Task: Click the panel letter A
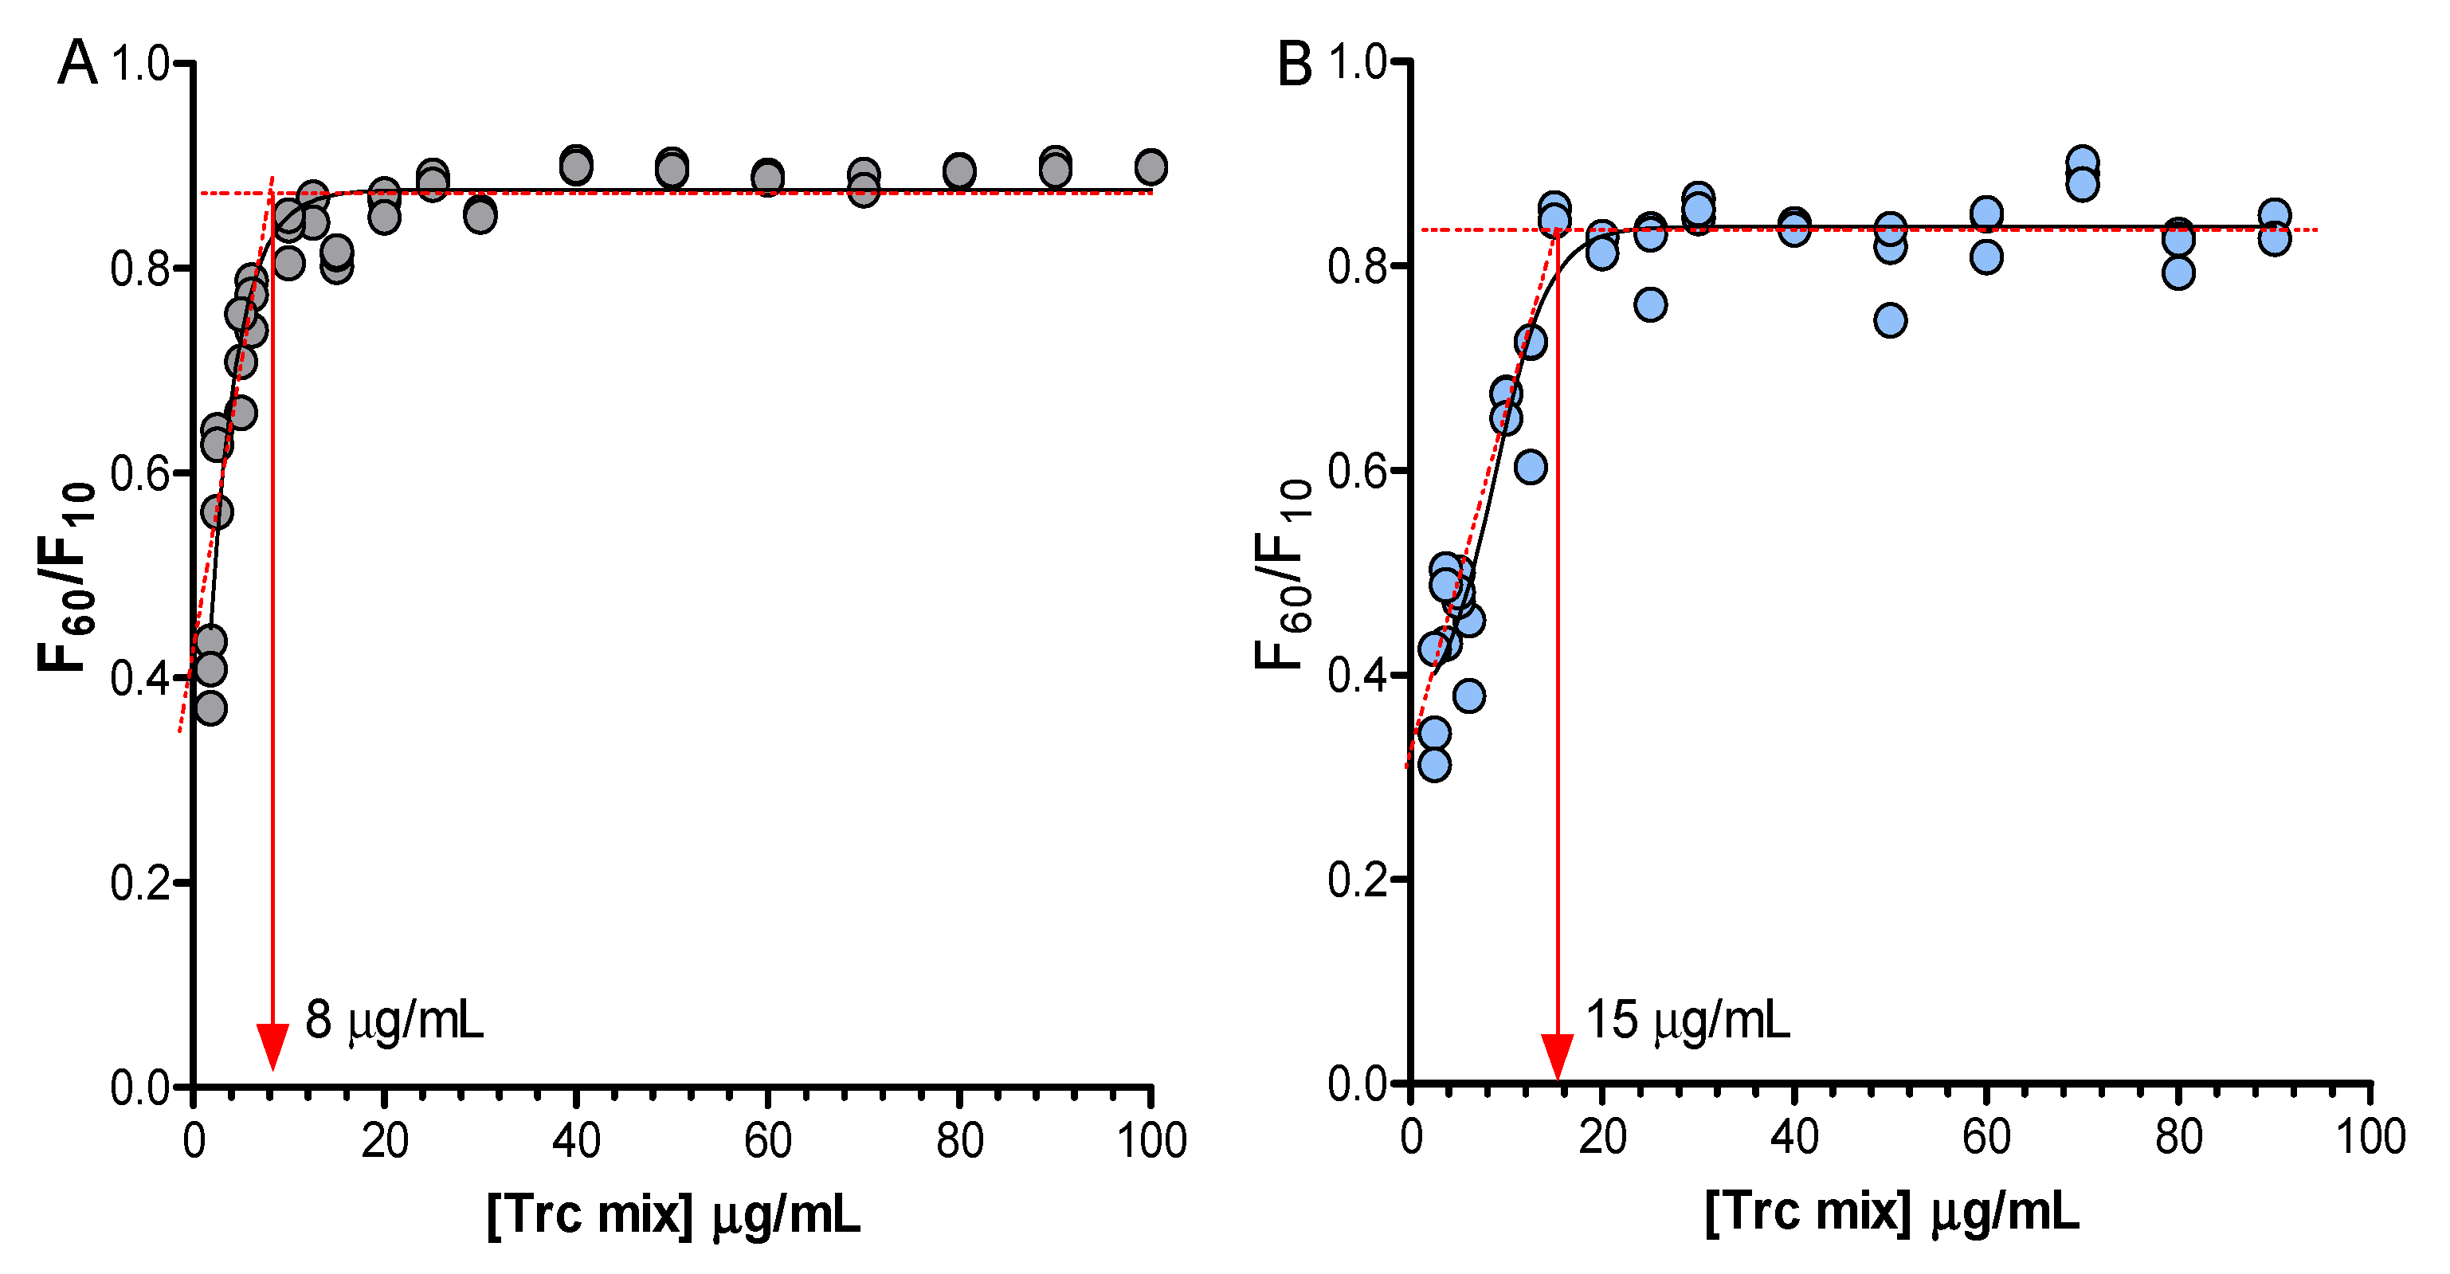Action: pyautogui.click(x=77, y=64)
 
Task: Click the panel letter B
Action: pyautogui.click(x=1295, y=65)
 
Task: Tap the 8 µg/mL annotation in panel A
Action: pyautogui.click(x=394, y=1020)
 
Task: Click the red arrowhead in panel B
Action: pyautogui.click(x=1557, y=1056)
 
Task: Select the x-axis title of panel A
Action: pyautogui.click(x=673, y=1214)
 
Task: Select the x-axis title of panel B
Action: pyautogui.click(x=1891, y=1212)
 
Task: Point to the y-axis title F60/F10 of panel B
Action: pyautogui.click(x=1284, y=574)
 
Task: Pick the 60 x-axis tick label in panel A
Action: pyautogui.click(x=767, y=1141)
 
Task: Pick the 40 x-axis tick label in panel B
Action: pyautogui.click(x=1793, y=1137)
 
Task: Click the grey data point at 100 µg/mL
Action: pyautogui.click(x=1151, y=167)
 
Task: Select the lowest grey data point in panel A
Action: pyautogui.click(x=210, y=708)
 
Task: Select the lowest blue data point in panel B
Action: pyautogui.click(x=1434, y=764)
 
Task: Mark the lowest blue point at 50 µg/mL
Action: pyautogui.click(x=1890, y=320)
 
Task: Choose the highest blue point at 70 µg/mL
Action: pyautogui.click(x=2082, y=163)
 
